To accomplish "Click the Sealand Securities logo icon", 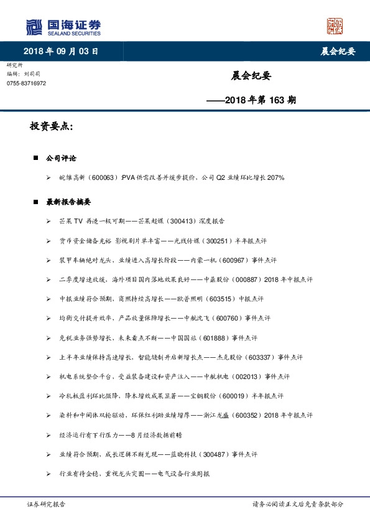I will tap(34, 27).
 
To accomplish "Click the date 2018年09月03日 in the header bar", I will tap(61, 51).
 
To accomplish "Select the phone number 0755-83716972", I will tap(26, 83).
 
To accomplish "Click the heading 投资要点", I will tap(52, 127).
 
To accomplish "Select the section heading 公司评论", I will tap(61, 159).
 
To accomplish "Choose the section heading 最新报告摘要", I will tap(68, 202).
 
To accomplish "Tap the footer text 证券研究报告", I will tap(47, 505).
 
